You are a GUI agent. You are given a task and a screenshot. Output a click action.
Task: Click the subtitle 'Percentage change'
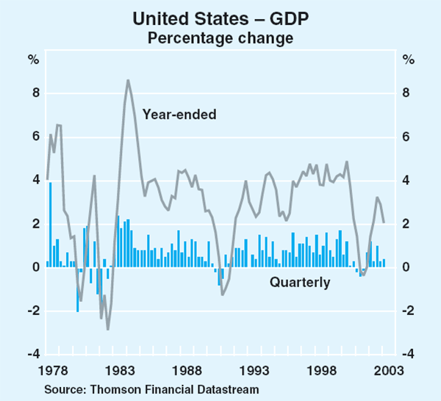pos(220,36)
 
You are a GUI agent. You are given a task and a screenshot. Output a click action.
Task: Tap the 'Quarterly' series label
pos(300,282)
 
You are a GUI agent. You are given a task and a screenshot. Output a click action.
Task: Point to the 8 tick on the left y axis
pos(34,94)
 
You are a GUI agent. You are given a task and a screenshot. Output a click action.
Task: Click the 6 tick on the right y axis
pos(406,137)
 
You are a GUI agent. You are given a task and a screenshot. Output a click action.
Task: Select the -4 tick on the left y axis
pos(32,354)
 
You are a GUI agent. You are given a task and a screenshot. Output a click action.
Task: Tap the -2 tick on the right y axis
pos(409,311)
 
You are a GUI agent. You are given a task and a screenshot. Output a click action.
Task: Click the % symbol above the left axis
pos(34,59)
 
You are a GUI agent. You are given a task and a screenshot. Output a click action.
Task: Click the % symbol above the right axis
pos(406,59)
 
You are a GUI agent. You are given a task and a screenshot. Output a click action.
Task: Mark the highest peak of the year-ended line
pos(128,80)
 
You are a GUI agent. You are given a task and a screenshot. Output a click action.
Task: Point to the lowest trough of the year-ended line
pos(108,329)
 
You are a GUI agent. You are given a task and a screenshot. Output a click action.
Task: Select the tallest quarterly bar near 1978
pos(51,225)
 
